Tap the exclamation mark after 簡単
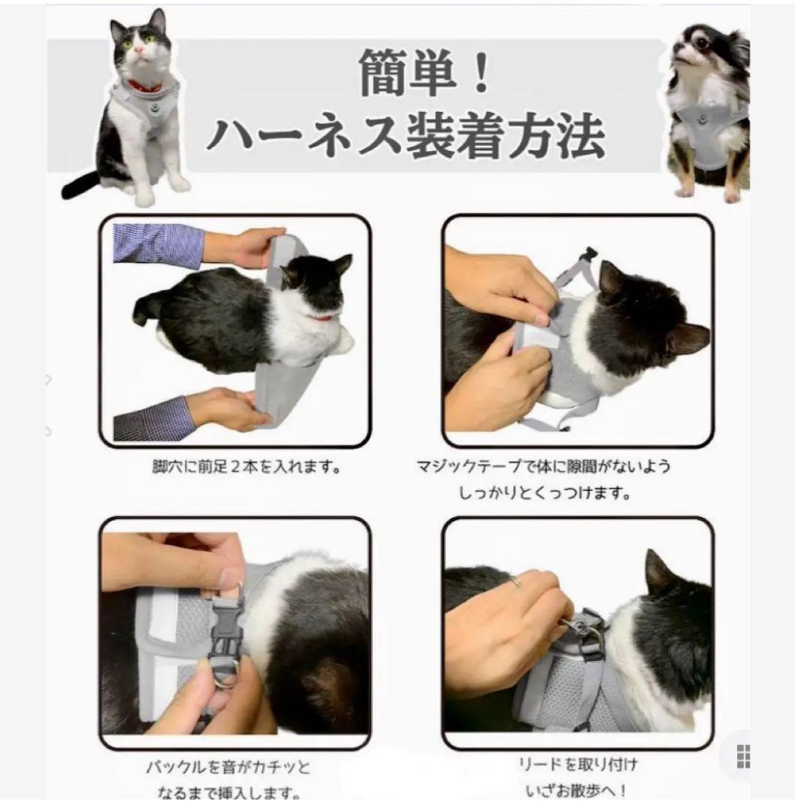(481, 72)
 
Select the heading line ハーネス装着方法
(407, 136)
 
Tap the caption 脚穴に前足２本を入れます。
(247, 467)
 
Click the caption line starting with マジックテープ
(543, 466)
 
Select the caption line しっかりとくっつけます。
(545, 492)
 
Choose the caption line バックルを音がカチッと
(228, 766)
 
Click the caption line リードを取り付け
(578, 765)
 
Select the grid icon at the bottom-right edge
(743, 756)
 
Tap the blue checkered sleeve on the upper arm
(158, 246)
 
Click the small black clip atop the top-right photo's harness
(588, 256)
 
